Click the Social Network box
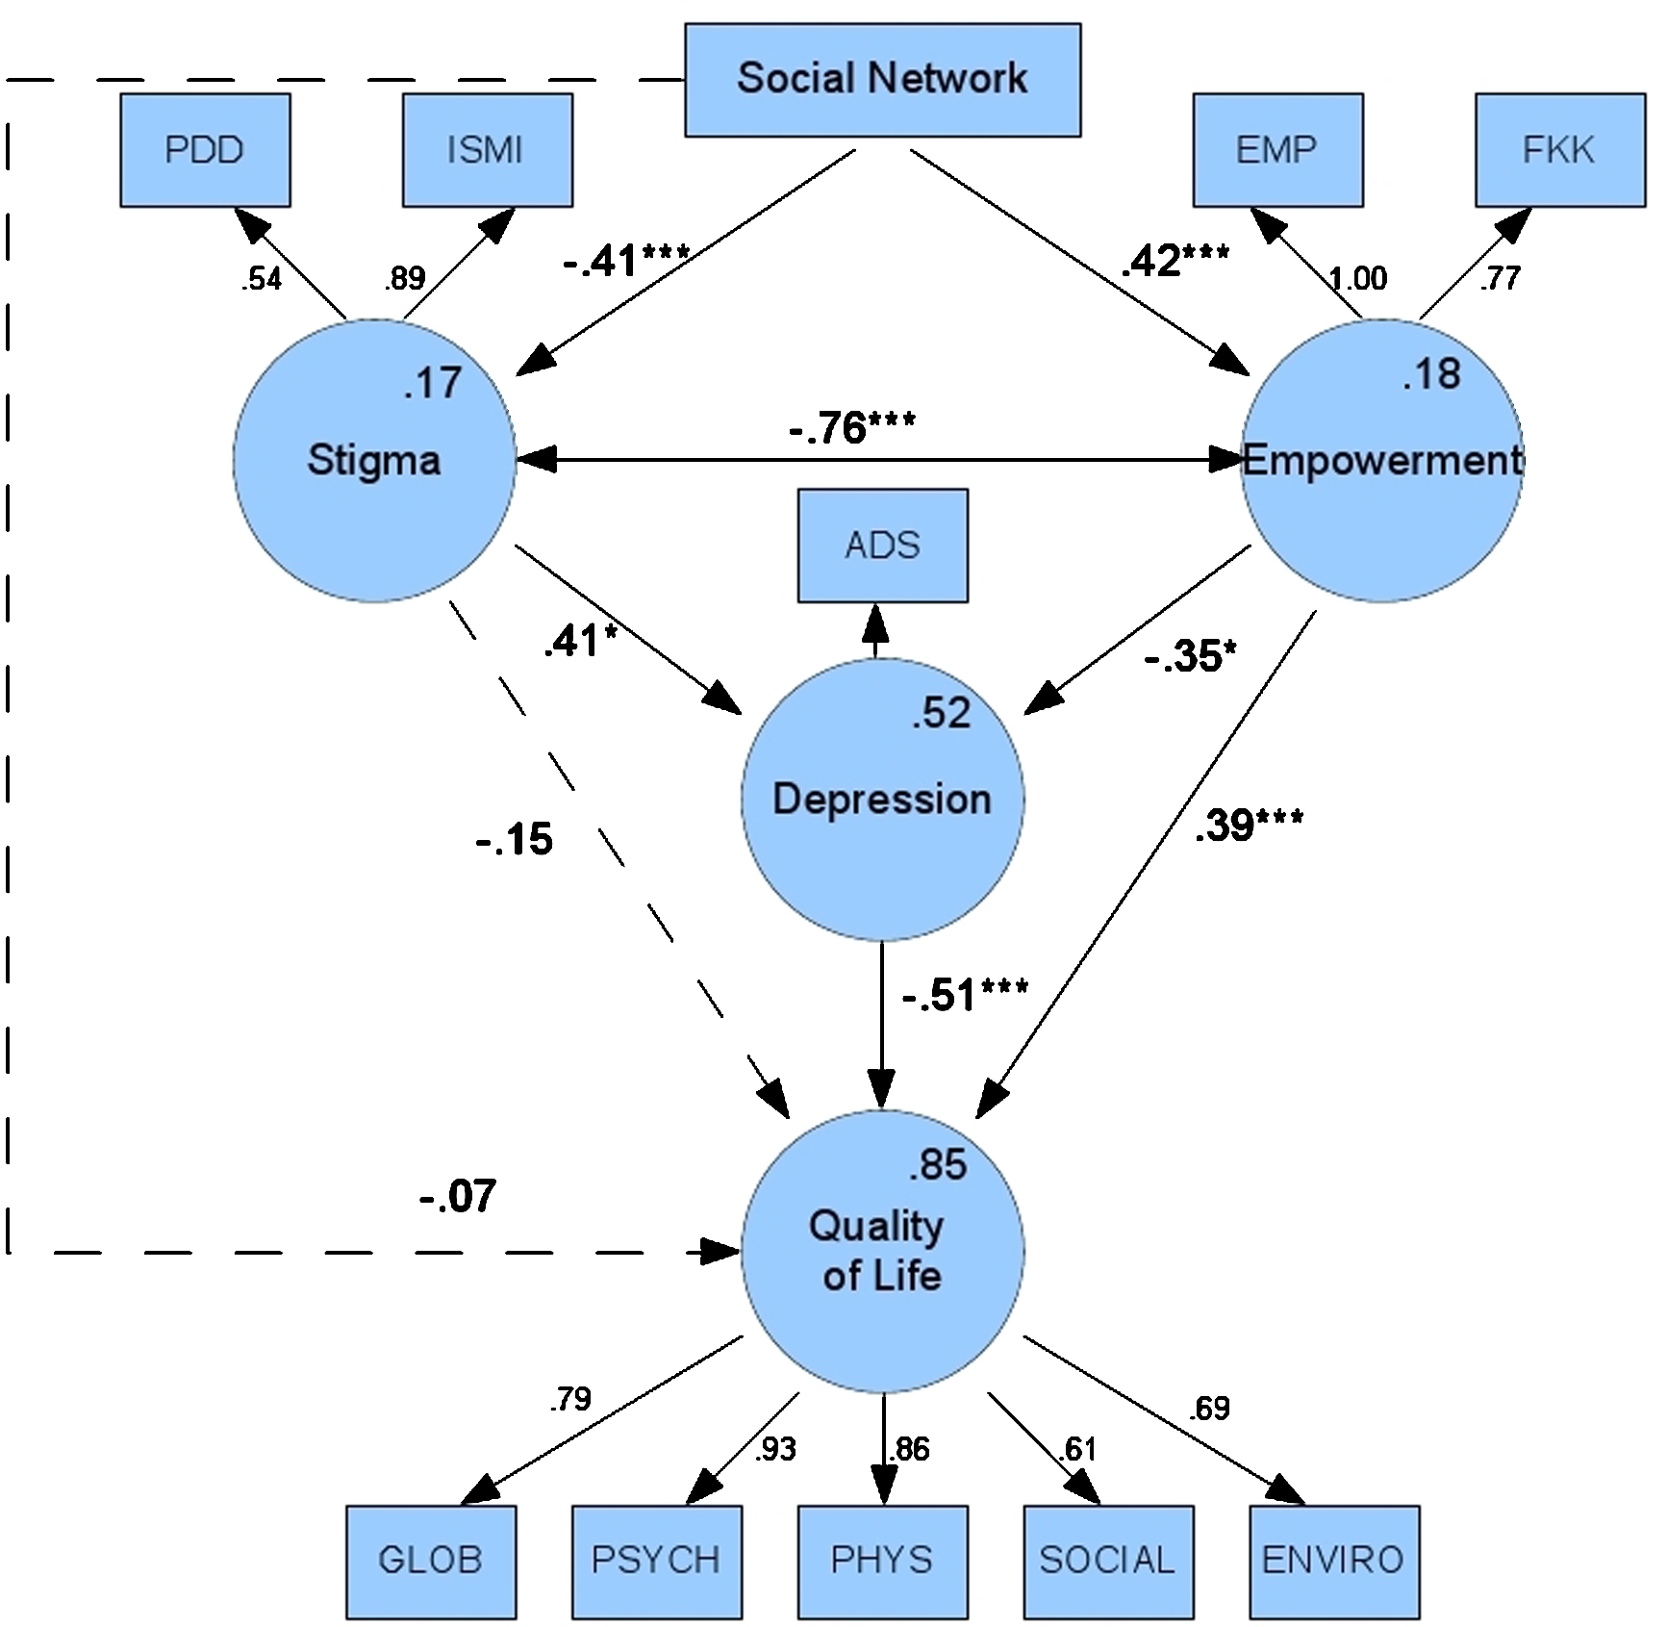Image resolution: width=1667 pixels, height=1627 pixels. pos(882,79)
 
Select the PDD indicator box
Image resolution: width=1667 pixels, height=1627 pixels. pos(205,149)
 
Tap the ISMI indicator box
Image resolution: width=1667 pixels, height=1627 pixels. pos(487,149)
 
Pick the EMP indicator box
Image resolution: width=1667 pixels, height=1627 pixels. pos(1277,149)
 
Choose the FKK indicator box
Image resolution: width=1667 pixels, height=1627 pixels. pos(1559,149)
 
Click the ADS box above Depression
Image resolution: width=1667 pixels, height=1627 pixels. pos(882,545)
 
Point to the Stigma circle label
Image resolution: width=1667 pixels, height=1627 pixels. pos(374,460)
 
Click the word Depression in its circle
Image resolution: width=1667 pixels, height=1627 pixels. pos(882,800)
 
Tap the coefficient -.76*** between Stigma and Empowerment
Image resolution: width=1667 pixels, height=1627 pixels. pos(852,427)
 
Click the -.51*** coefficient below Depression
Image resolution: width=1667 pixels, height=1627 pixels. pos(965,994)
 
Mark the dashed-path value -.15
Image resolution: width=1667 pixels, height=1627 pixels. pos(515,839)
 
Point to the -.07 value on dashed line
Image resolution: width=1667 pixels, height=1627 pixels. pos(458,1196)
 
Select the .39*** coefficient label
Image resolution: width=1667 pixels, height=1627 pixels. pos(1249,825)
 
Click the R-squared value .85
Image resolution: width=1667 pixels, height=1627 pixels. pos(938,1165)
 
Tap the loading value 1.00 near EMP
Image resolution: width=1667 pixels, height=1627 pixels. pos(1357,279)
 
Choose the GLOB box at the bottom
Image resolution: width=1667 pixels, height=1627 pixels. pos(431,1560)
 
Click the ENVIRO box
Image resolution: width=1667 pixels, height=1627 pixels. pos(1333,1560)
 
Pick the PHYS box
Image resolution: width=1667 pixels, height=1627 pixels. pos(882,1560)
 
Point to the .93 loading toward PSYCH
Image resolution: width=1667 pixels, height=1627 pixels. pos(775,1449)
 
